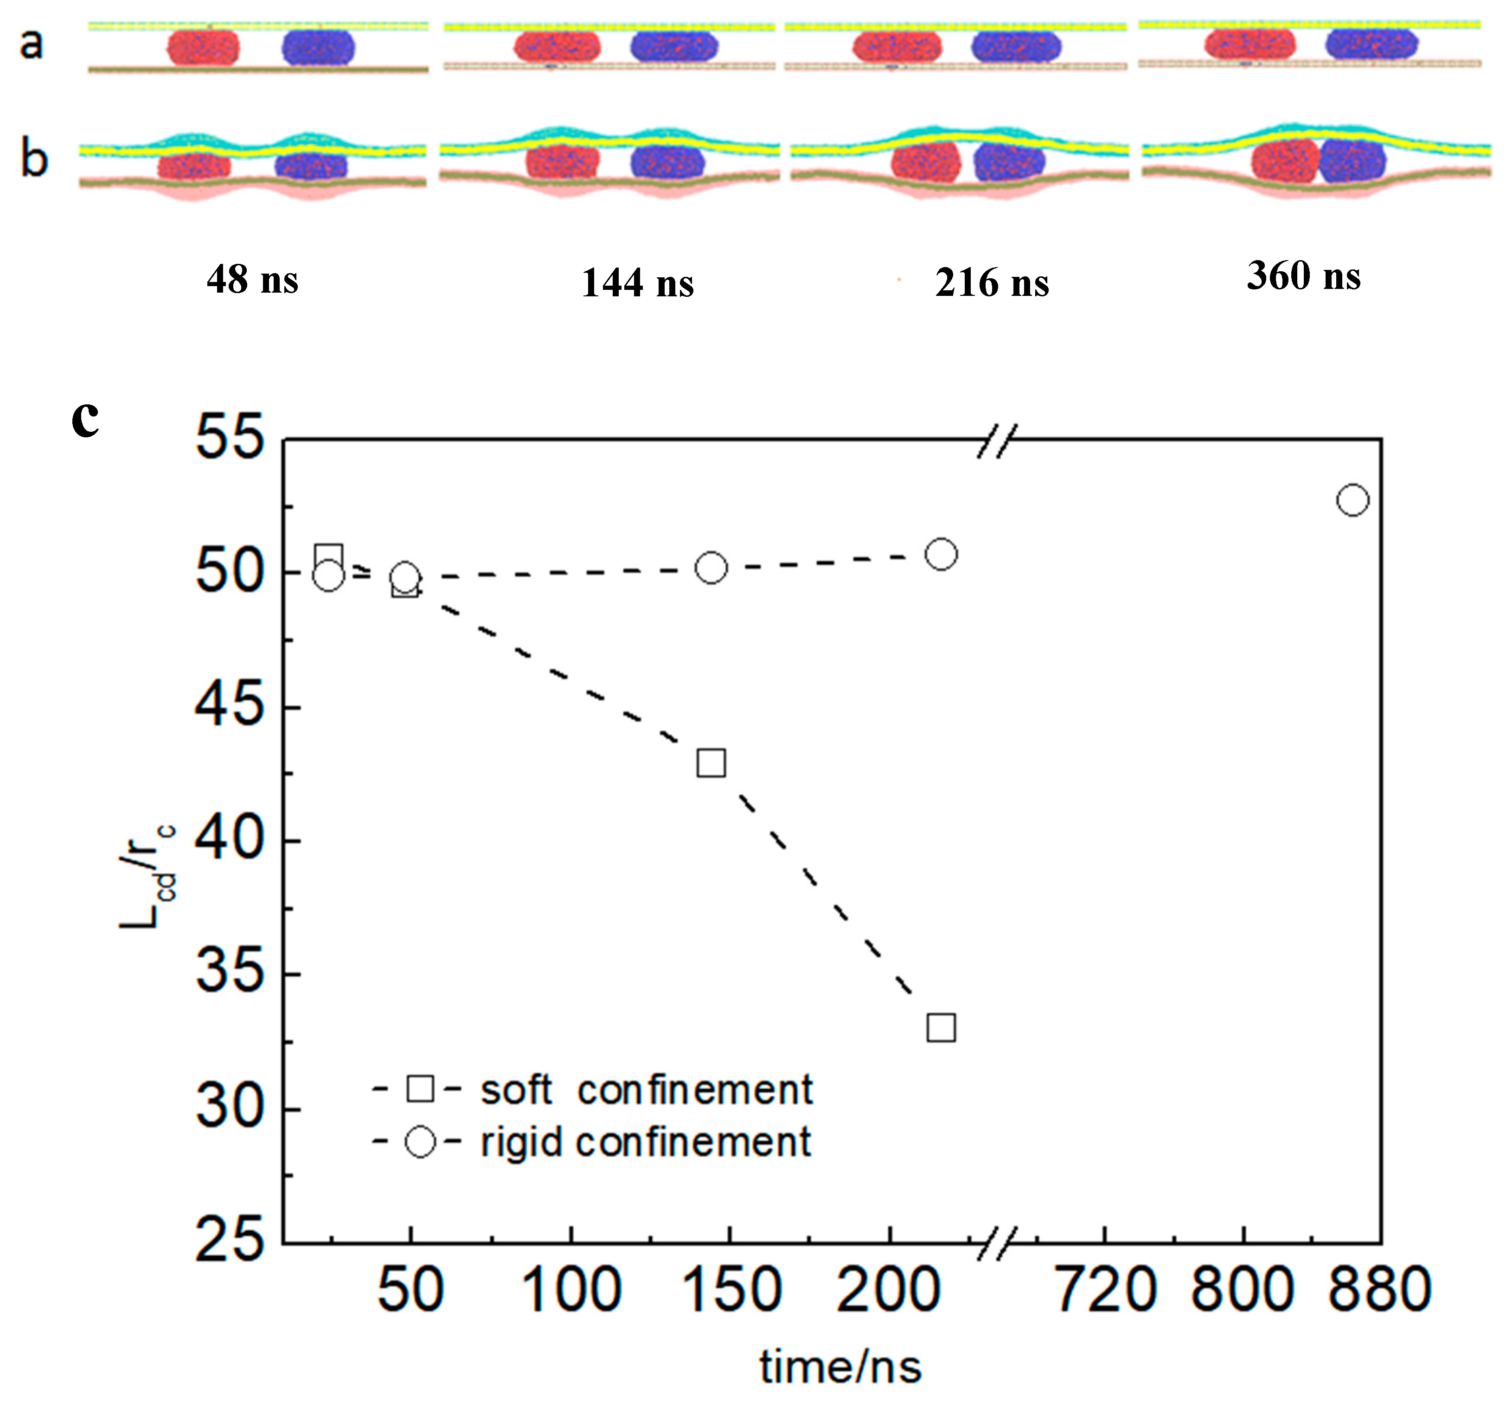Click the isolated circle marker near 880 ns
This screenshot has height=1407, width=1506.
coord(1352,500)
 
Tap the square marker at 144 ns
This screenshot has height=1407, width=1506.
coord(711,763)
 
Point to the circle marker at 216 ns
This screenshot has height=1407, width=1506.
coord(941,554)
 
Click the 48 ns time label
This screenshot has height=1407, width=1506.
coord(252,280)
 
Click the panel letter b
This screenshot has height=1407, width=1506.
coord(34,160)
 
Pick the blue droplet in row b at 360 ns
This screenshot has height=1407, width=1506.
coord(1352,160)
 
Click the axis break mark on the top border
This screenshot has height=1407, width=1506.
coord(996,440)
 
